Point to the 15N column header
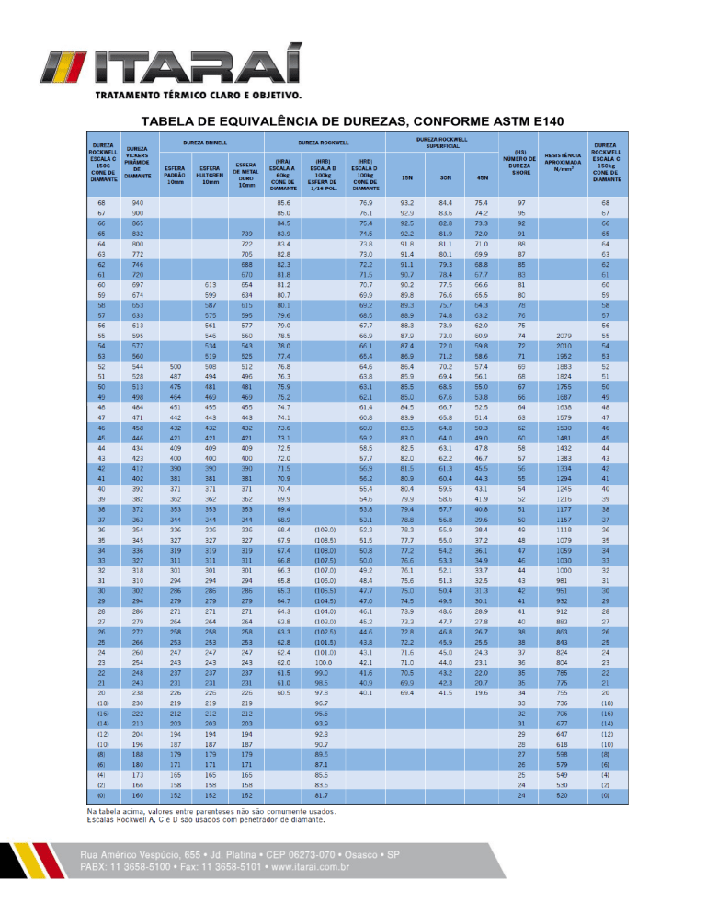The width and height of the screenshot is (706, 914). (x=407, y=177)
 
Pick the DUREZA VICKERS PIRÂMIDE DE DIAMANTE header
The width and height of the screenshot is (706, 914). (x=138, y=163)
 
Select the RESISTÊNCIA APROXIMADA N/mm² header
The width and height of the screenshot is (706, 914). (x=560, y=163)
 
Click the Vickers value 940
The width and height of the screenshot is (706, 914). (x=138, y=202)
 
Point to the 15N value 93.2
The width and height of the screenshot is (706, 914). (x=407, y=202)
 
